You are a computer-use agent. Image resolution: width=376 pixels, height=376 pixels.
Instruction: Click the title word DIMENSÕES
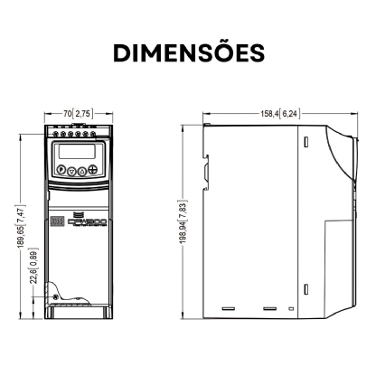coord(188,52)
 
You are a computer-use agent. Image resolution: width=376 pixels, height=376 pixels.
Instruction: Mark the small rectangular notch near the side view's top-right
coord(305,143)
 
